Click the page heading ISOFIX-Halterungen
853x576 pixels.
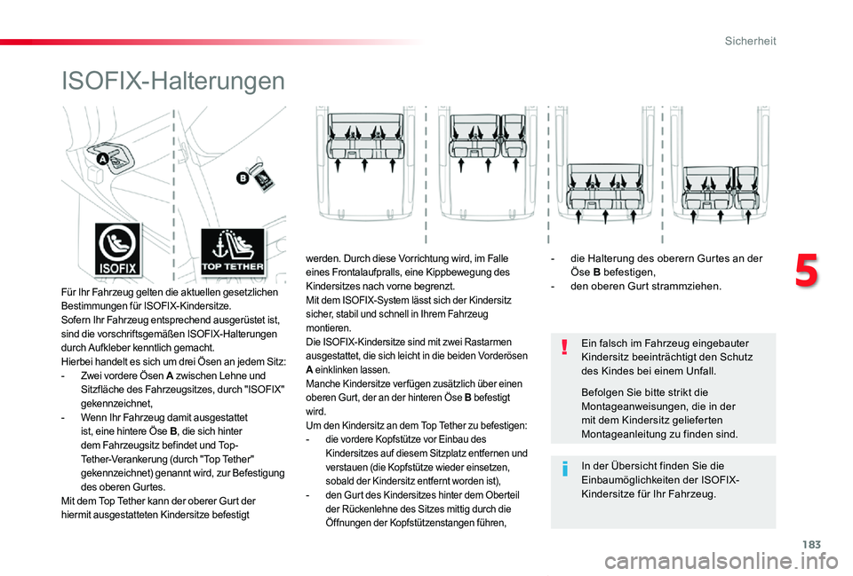coord(173,82)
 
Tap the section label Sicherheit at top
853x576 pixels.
coord(751,41)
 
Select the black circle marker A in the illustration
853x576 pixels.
coord(100,159)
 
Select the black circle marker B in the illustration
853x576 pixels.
coord(242,179)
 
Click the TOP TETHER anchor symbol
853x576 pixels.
coord(232,250)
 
